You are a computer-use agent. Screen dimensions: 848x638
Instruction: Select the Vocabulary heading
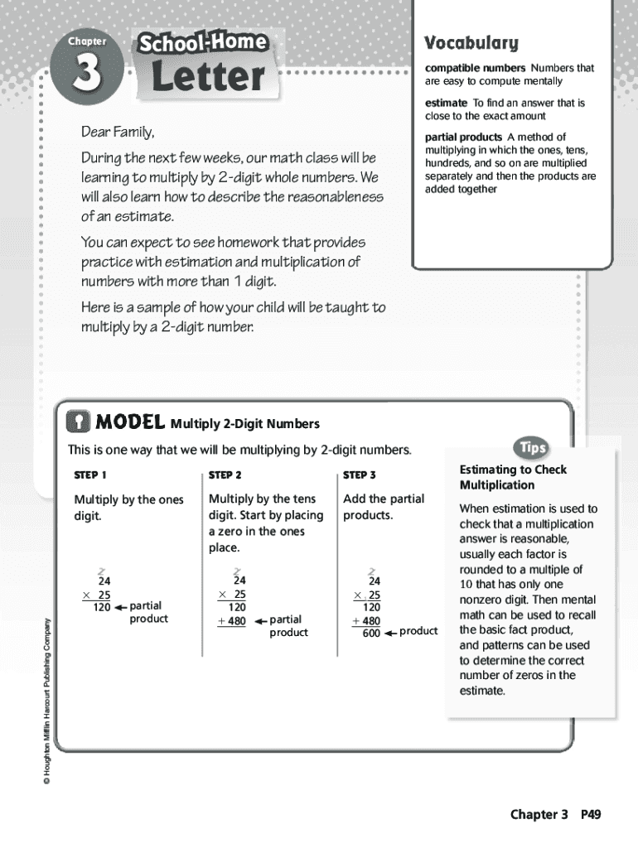[x=471, y=43]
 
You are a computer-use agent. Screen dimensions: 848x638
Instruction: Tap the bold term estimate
[x=447, y=103]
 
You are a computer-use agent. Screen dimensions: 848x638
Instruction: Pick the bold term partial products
[x=463, y=137]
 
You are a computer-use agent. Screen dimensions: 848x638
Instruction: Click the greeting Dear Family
[x=118, y=132]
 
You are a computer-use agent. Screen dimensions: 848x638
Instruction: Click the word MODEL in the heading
[x=130, y=423]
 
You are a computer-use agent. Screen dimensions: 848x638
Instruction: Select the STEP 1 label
[x=91, y=475]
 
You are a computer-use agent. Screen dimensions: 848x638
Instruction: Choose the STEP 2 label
[x=225, y=475]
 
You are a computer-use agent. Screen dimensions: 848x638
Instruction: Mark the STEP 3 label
[x=360, y=475]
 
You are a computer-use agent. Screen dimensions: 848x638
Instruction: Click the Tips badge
[x=532, y=448]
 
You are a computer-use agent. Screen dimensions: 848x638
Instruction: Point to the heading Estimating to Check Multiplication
[x=513, y=477]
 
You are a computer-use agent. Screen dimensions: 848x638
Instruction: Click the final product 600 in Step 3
[x=371, y=634]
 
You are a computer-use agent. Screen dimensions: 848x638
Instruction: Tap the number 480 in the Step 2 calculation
[x=236, y=621]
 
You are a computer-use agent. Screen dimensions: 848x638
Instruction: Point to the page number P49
[x=590, y=815]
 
